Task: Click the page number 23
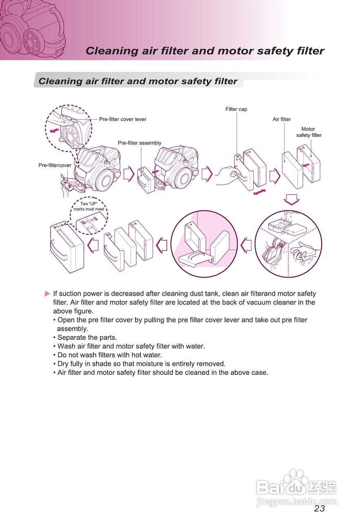pos(320,508)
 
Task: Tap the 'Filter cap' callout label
pos(236,109)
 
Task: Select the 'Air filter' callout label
pos(282,119)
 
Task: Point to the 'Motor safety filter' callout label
pos(309,132)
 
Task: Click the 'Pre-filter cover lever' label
pos(123,119)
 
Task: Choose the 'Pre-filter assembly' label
pos(139,143)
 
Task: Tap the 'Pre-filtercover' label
pos(55,166)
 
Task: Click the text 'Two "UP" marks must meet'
pos(89,206)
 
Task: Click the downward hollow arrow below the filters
pos(292,199)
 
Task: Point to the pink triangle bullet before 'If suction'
pos(48,294)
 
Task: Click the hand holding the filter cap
pos(226,175)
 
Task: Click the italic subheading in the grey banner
pos(138,81)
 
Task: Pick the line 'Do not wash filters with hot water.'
pos(110,355)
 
